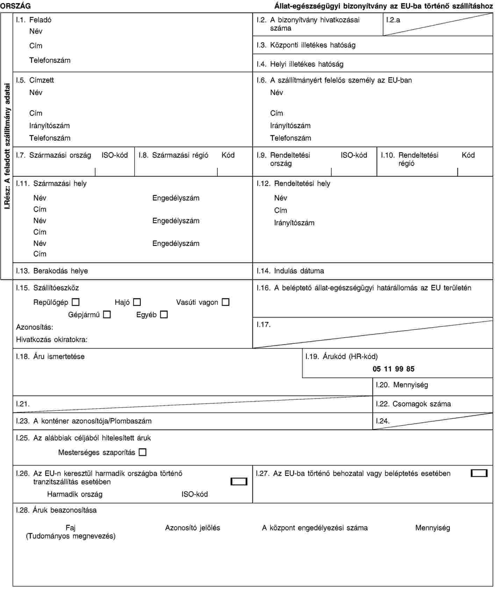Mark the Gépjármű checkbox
click(x=107, y=315)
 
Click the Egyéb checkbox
click(x=164, y=315)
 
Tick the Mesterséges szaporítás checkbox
click(x=142, y=452)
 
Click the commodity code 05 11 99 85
click(x=393, y=369)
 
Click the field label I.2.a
click(x=393, y=20)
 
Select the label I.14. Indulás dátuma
click(x=290, y=271)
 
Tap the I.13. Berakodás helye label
click(x=52, y=271)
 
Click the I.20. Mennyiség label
click(x=402, y=385)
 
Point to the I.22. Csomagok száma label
click(x=413, y=404)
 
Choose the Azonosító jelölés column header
click(x=193, y=528)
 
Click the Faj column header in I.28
click(x=71, y=528)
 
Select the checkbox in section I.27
click(x=479, y=474)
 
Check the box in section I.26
click(x=239, y=482)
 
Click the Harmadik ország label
click(x=75, y=494)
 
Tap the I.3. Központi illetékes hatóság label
click(x=306, y=45)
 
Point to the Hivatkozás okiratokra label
click(x=52, y=339)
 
